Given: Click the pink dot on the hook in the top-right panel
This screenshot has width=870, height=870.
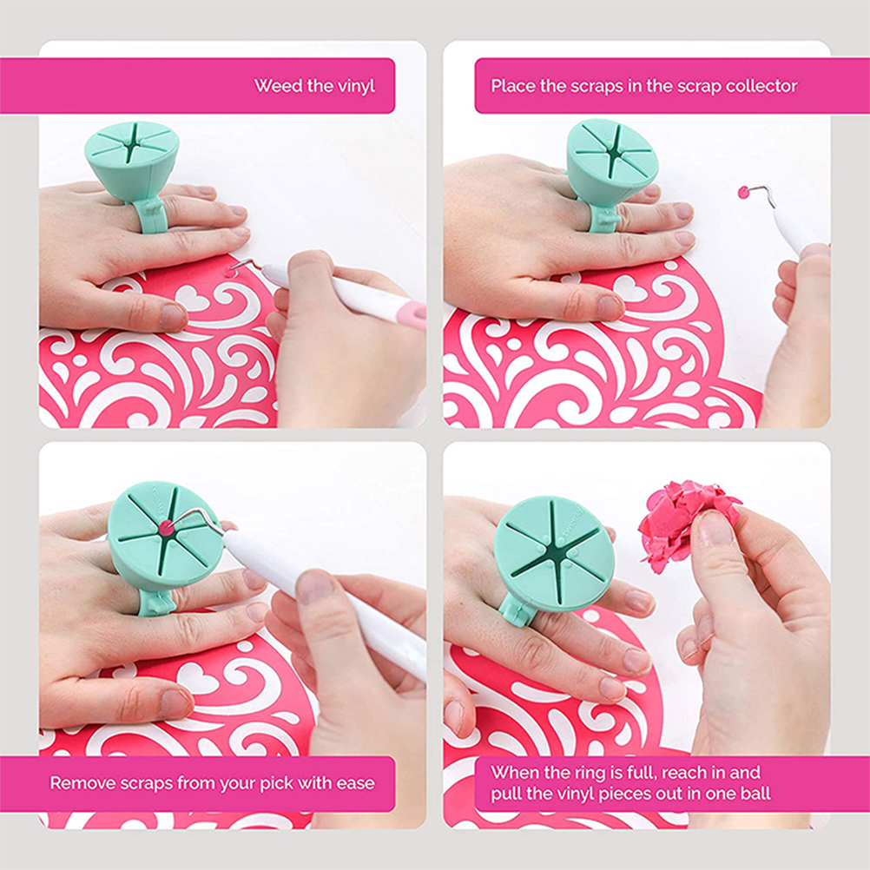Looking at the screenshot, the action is click(743, 193).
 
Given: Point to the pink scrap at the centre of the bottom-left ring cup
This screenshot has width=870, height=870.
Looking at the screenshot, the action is click(165, 529).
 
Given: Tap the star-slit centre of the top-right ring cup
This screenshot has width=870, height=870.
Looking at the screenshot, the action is click(614, 150).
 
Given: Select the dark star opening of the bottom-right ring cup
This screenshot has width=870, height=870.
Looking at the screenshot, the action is click(554, 549).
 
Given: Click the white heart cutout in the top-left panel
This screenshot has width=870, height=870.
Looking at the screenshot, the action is click(192, 298).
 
